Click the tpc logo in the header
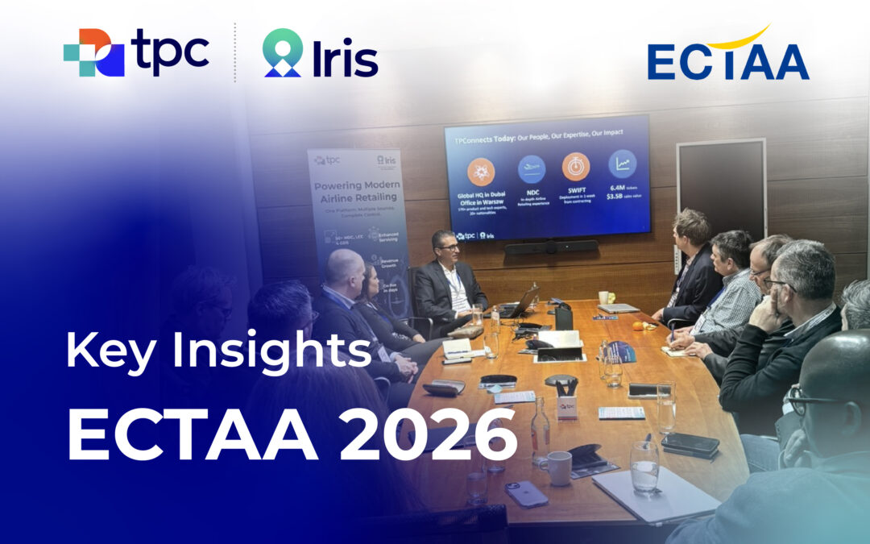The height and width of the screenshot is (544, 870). (136, 52)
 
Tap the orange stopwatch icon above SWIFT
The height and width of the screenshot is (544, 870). (575, 167)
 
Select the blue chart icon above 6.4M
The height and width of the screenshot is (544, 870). (622, 164)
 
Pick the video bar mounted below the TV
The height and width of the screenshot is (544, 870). (550, 247)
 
